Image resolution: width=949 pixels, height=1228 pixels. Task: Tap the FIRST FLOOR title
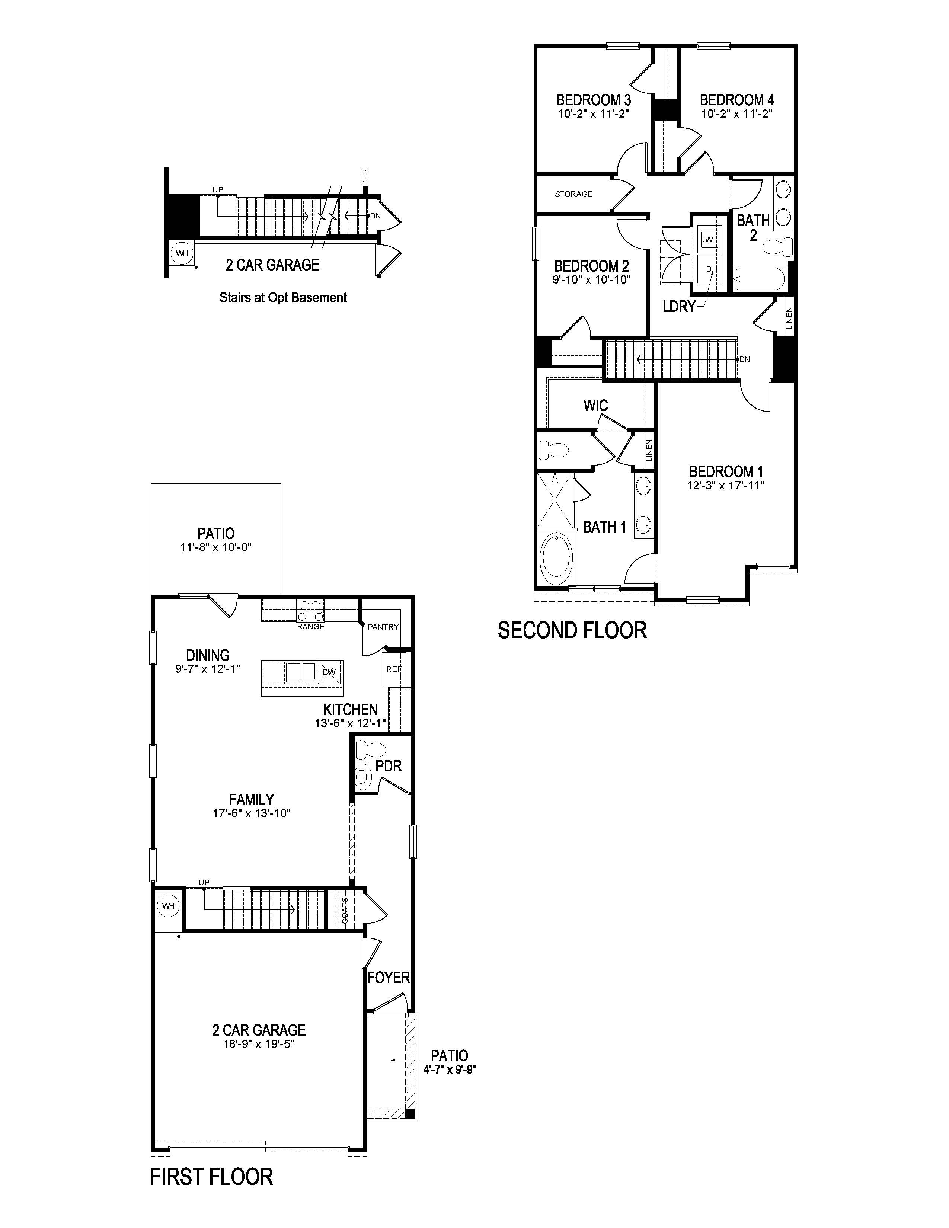(211, 1177)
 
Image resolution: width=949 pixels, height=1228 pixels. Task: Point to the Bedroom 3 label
(593, 100)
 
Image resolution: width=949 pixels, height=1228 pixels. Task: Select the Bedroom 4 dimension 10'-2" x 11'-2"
(736, 113)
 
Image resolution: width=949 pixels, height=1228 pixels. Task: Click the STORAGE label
(573, 194)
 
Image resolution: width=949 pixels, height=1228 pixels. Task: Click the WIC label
(595, 405)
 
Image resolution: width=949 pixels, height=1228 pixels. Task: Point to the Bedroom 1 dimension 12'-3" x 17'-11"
(726, 485)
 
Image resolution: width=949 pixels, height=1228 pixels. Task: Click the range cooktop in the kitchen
(311, 610)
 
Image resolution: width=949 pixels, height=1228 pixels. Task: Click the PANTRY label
(383, 627)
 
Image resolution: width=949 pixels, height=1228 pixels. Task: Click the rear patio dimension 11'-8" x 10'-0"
(216, 547)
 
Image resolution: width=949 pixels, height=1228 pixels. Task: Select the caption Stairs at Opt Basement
(283, 297)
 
